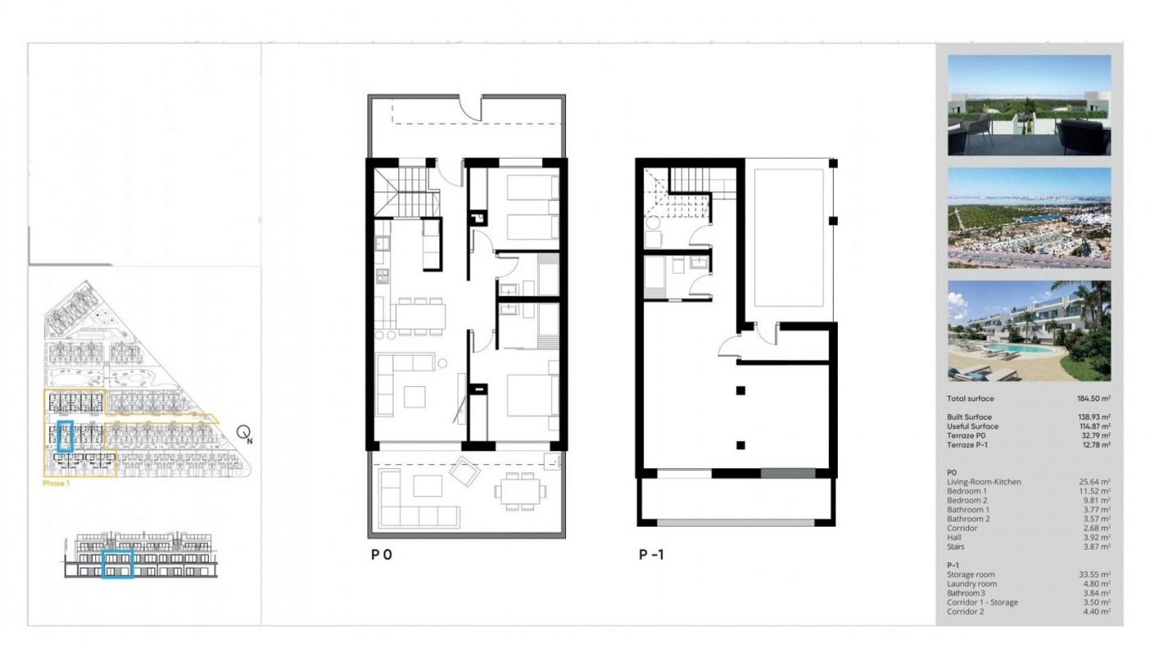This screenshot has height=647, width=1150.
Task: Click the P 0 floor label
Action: click(x=382, y=555)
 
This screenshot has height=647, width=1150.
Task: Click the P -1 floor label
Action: click(x=651, y=555)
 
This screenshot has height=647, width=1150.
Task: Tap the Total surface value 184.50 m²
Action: click(x=1093, y=398)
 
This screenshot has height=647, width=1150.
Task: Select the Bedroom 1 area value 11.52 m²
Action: click(x=1095, y=491)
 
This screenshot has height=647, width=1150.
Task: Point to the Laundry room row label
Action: click(x=972, y=584)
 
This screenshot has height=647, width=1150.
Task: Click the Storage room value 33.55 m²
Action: click(x=1094, y=575)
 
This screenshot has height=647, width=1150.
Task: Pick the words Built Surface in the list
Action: click(x=969, y=417)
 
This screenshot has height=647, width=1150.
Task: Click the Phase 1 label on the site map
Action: click(x=56, y=483)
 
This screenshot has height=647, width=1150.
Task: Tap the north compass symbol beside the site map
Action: click(x=244, y=433)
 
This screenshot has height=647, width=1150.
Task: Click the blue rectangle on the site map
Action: click(x=65, y=436)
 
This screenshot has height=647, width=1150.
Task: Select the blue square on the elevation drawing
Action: click(x=117, y=564)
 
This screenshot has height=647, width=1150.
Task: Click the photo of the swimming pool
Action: click(x=1029, y=331)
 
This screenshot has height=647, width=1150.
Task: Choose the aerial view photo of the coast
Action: click(x=1029, y=218)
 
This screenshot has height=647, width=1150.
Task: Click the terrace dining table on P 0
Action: click(x=520, y=491)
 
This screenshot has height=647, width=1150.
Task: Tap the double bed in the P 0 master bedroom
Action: click(x=532, y=395)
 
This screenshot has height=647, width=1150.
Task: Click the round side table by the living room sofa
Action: click(x=442, y=363)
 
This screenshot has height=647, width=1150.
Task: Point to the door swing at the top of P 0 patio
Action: click(x=471, y=108)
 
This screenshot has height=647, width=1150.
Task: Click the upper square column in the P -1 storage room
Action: click(x=741, y=391)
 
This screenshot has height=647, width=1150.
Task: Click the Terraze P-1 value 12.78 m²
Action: click(x=1095, y=445)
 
